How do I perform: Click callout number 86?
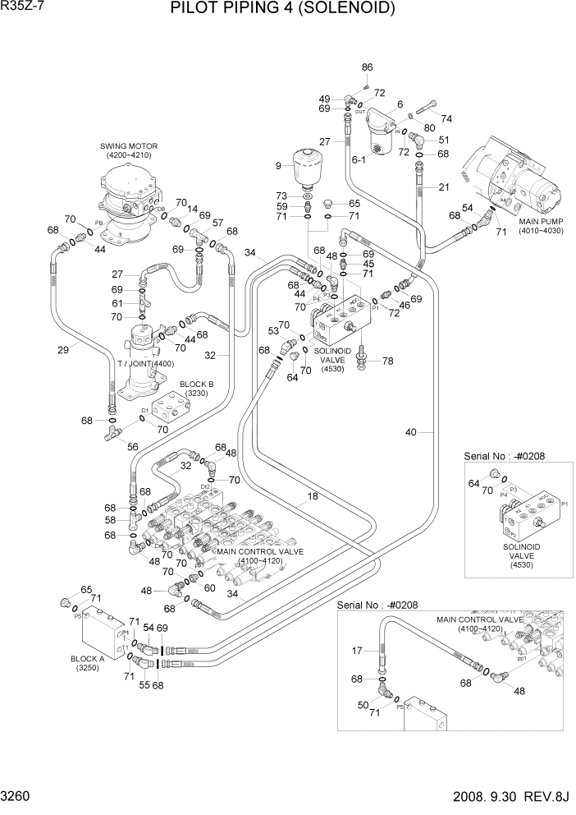367,67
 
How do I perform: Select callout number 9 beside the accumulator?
278,167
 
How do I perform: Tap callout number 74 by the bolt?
446,118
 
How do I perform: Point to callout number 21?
444,187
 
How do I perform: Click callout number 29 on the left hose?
63,349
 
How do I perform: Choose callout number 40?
411,432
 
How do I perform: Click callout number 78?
388,361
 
